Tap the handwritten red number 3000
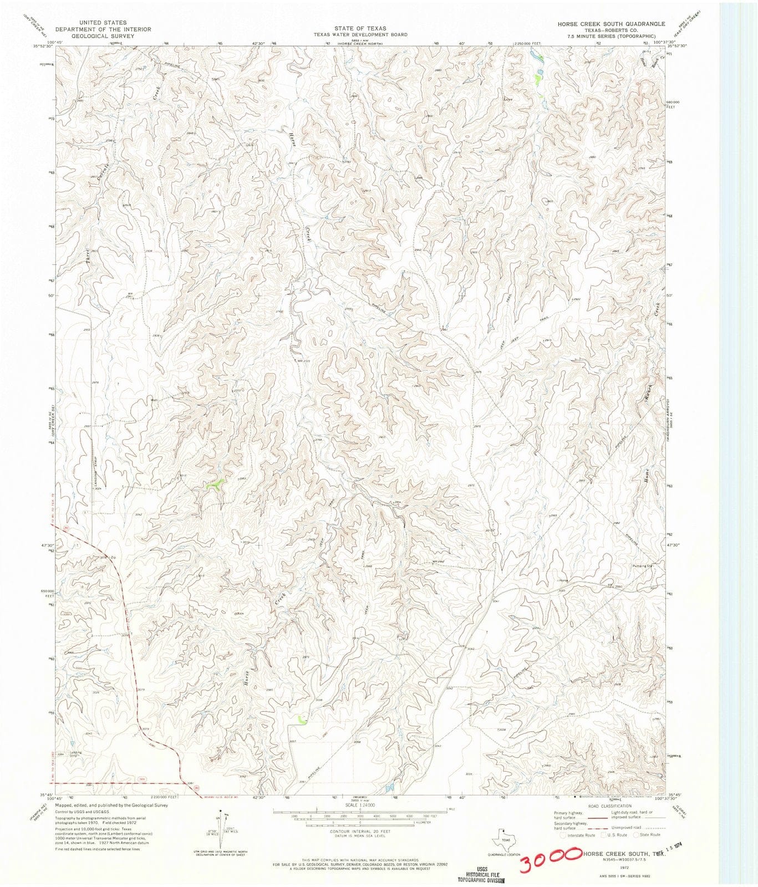(x=548, y=860)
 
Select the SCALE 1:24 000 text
(x=360, y=805)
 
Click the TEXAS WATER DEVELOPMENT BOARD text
(x=360, y=34)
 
